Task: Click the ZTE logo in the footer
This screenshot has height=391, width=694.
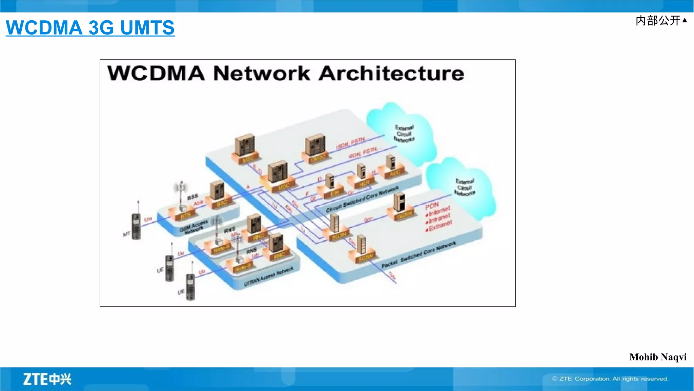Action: tap(47, 379)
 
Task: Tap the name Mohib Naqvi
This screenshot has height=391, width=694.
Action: tap(658, 357)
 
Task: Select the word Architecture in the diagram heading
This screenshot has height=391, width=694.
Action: tap(391, 73)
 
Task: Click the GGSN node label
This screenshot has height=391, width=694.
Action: tap(405, 214)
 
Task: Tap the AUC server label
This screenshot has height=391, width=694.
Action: tap(395, 173)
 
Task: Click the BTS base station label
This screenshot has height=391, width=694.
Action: tap(185, 215)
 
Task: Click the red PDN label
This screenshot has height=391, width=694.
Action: tap(432, 205)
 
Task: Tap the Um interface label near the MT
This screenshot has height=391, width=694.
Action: tap(148, 220)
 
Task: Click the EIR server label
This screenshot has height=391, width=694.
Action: tap(335, 193)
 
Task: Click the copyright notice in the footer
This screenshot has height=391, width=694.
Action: tap(610, 379)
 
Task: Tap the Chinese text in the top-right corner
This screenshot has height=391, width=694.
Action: tap(658, 21)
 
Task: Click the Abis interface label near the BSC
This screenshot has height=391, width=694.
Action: tap(198, 202)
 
